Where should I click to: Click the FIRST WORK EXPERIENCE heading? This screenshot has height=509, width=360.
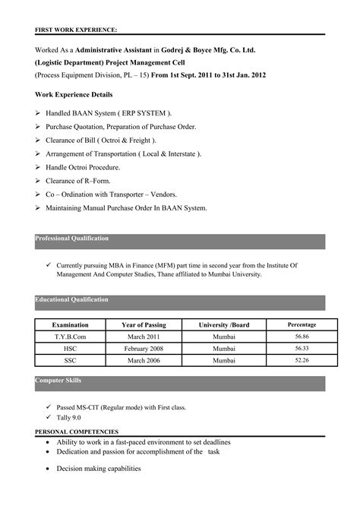coord(76,30)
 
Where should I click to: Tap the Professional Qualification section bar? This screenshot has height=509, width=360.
coord(180,242)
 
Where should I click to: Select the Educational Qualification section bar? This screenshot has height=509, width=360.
coord(180,302)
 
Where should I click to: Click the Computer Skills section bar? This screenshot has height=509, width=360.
coord(180,382)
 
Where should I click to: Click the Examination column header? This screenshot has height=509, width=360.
coord(70,325)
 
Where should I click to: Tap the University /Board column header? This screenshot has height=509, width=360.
coord(223,325)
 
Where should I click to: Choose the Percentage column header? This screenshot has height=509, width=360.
coord(302,325)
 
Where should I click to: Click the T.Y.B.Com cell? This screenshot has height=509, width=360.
coord(70,337)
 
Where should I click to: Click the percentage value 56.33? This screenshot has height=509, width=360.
coord(302,348)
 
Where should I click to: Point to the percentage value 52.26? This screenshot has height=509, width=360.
coord(302,359)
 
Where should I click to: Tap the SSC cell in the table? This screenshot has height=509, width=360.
coord(70,360)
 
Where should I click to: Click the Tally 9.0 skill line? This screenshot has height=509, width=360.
coord(68,418)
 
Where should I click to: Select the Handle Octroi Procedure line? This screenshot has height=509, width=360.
coord(83,167)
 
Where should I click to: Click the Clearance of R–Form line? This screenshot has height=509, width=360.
coord(81,181)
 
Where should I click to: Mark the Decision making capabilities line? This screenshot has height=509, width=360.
coord(99,469)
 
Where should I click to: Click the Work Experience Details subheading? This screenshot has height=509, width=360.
coord(74,95)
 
